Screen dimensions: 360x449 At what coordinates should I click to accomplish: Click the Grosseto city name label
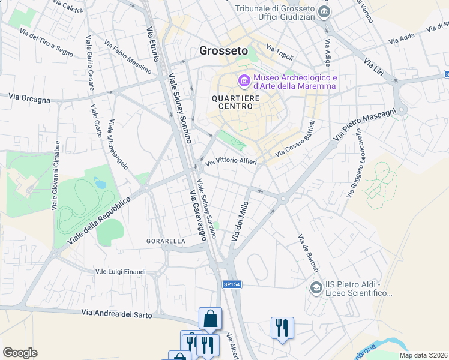coord(222,51)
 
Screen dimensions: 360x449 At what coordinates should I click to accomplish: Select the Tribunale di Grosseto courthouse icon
coord(325,11)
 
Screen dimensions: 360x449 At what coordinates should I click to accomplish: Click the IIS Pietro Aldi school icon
coord(315,289)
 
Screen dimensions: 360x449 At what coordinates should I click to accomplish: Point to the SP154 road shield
coord(231,284)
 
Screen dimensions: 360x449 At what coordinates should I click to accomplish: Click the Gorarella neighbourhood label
coord(166,241)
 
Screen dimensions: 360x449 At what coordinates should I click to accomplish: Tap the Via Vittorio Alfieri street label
coord(231,162)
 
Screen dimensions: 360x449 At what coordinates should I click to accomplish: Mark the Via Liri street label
coord(379,70)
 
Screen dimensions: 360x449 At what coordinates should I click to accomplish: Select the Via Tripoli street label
coord(279,53)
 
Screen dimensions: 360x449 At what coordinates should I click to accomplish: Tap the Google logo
coord(20,353)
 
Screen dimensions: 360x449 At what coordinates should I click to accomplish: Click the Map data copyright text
coord(423,355)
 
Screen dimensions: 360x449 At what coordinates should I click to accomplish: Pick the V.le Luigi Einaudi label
coord(120,272)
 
